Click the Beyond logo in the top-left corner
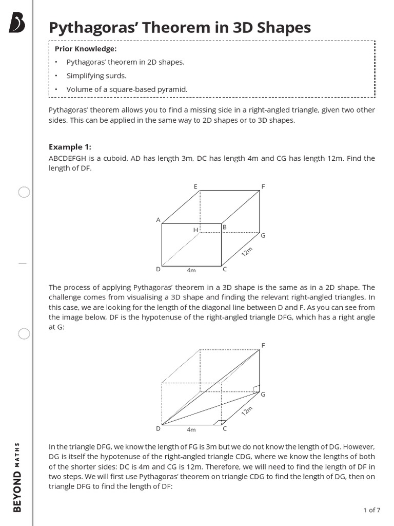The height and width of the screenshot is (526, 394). pos(17,23)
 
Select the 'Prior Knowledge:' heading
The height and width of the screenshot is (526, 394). pos(86,49)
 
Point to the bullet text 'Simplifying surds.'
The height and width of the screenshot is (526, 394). pos(96,76)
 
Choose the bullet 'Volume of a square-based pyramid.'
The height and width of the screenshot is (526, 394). pos(127,89)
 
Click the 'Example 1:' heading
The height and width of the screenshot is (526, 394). pos(70,147)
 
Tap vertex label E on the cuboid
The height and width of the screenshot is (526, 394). pos(195,186)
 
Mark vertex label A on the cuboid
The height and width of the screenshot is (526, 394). pos(158,220)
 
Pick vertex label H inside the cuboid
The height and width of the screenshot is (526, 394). pos(195,230)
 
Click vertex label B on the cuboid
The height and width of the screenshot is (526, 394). pos(224,227)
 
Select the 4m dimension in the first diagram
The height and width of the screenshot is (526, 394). pos(191,270)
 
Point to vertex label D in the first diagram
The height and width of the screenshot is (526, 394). pos(158,269)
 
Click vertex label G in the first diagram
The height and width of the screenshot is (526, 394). pos(263,235)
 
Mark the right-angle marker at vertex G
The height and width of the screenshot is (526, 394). pos(257,389)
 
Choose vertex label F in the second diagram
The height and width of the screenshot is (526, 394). pos(263,345)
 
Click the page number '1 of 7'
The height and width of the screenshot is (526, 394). pos(371,510)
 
